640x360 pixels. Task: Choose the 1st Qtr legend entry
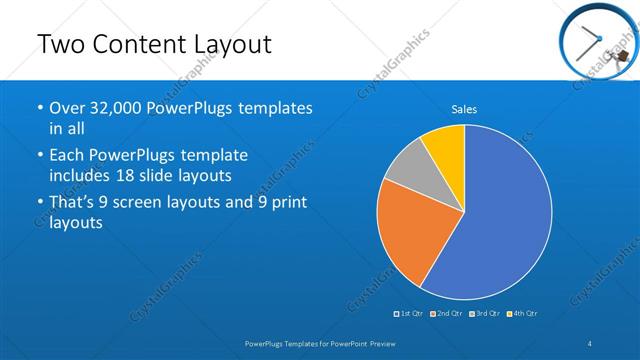point(409,314)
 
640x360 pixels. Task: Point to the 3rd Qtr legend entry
point(485,314)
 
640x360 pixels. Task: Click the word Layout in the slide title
point(225,45)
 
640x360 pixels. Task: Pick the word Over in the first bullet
point(66,108)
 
